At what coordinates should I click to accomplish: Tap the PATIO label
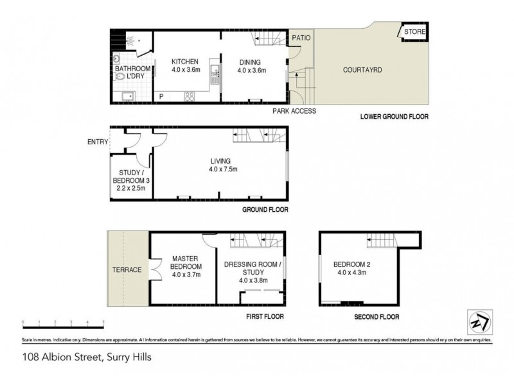(301, 38)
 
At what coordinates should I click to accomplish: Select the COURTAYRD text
(362, 69)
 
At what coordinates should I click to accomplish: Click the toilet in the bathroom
(120, 76)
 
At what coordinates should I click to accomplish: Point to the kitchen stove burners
(190, 97)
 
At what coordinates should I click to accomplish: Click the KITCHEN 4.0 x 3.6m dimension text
(187, 66)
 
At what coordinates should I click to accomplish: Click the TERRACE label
(126, 269)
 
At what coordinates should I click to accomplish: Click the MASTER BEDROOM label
(187, 266)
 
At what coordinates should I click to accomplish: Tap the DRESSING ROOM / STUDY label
(252, 271)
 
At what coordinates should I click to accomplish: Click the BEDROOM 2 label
(350, 268)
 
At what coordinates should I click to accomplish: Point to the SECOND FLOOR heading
(377, 317)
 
